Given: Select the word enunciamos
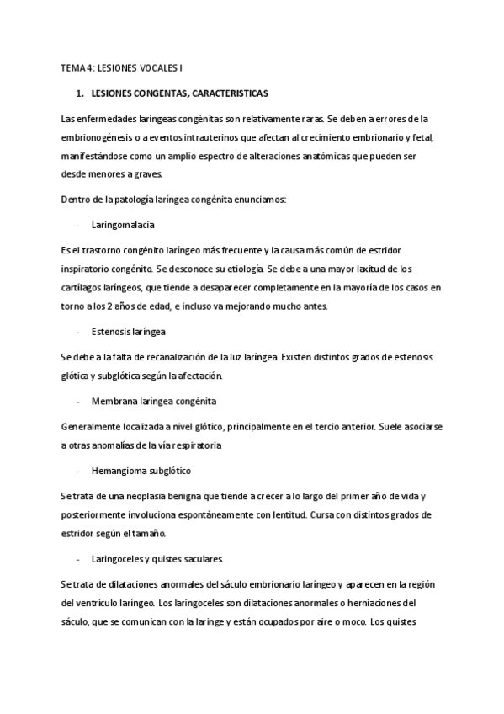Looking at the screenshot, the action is pyautogui.click(x=258, y=200).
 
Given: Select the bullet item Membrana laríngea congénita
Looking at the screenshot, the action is pyautogui.click(x=147, y=402).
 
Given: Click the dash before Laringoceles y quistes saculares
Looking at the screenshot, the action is pyautogui.click(x=77, y=559).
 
